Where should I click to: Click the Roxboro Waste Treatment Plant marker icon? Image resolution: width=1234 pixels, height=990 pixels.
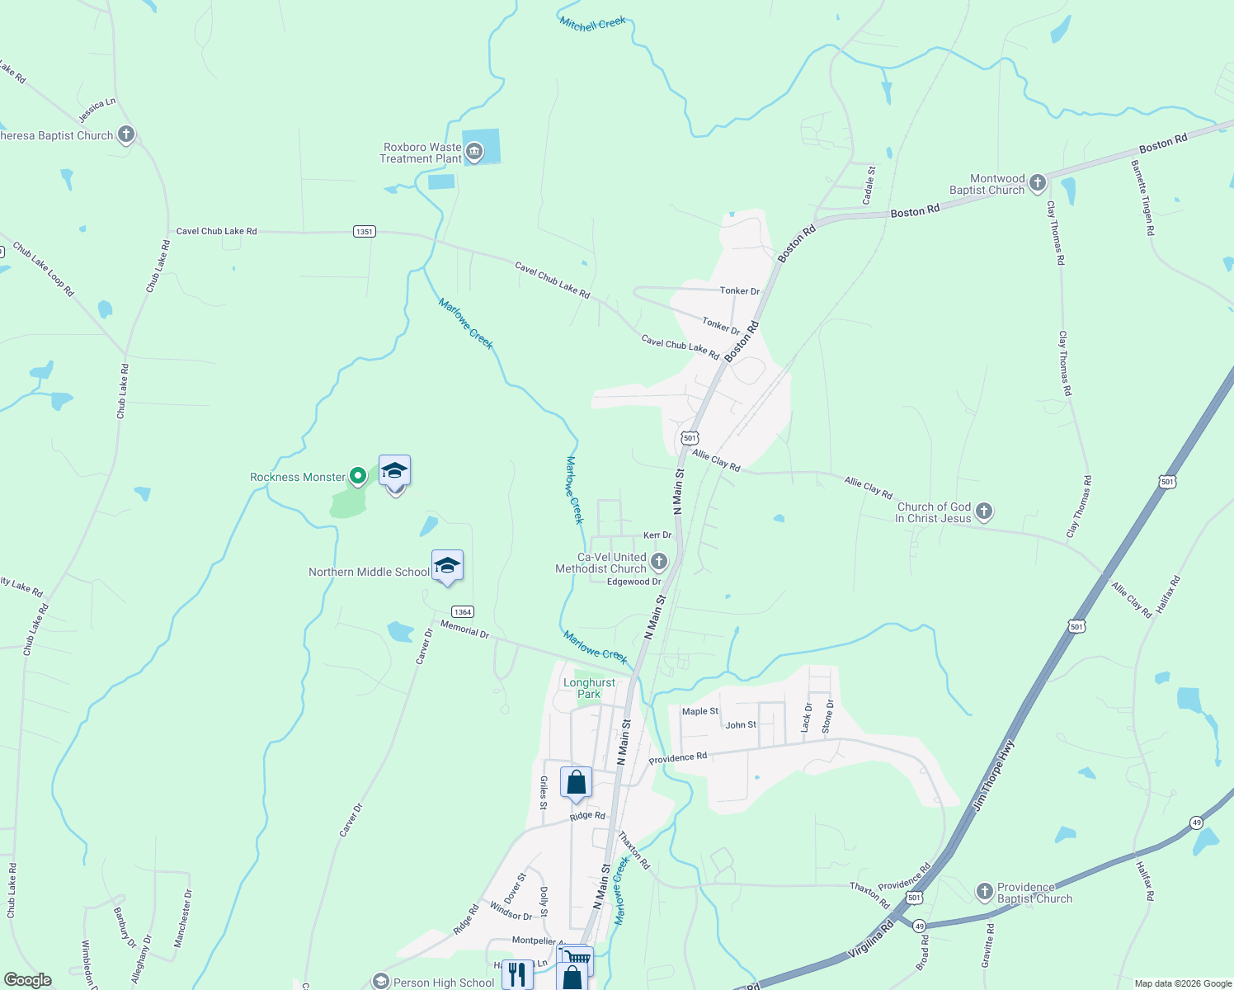point(474,151)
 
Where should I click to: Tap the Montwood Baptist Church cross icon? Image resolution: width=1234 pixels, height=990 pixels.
point(1038,182)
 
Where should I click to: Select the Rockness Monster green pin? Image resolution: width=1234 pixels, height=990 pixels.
point(358,475)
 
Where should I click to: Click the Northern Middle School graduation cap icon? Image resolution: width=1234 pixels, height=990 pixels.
point(447,566)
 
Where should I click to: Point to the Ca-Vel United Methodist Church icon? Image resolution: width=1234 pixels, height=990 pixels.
point(658,563)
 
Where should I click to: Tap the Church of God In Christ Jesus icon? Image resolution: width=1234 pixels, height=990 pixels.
point(983,511)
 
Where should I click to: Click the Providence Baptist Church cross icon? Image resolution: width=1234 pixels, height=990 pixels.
point(984,892)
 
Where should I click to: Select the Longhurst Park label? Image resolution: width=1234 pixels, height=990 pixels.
point(589,688)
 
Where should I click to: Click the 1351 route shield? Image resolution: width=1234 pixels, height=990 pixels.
point(364,232)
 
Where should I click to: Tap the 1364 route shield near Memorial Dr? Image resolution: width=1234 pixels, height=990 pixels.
point(463,611)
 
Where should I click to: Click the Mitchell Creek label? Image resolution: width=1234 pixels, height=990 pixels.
point(592,23)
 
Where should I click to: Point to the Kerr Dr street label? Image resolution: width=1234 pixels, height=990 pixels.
point(657,535)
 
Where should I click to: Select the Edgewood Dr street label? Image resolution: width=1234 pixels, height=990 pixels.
point(633,582)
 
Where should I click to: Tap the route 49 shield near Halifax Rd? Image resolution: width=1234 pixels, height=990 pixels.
point(1196,823)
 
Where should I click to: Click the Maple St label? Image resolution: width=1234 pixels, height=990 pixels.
point(699,711)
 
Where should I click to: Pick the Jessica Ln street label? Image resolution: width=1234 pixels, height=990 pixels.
point(97,110)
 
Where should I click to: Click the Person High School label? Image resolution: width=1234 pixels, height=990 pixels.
point(444,983)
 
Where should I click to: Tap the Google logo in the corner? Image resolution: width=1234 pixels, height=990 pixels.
point(28,980)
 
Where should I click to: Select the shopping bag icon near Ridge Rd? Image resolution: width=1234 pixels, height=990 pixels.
point(576,782)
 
